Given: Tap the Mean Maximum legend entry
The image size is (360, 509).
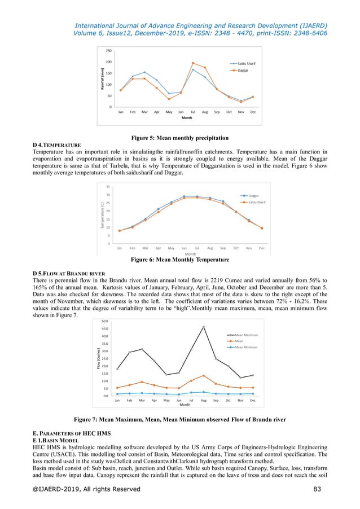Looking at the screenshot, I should (x=246, y=335).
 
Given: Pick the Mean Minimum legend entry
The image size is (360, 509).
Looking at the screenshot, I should (x=246, y=346).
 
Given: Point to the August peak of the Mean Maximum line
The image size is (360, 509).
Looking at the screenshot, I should (x=204, y=327).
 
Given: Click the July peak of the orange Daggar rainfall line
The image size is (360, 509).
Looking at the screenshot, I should (x=193, y=63).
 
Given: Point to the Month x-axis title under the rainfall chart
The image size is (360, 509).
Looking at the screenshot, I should (x=186, y=119).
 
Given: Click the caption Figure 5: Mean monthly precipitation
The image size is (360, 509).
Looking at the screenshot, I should (x=179, y=137).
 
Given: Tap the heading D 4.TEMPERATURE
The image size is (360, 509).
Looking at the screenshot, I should (x=57, y=144).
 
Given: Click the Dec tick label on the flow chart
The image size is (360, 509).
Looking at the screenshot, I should (x=253, y=401).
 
